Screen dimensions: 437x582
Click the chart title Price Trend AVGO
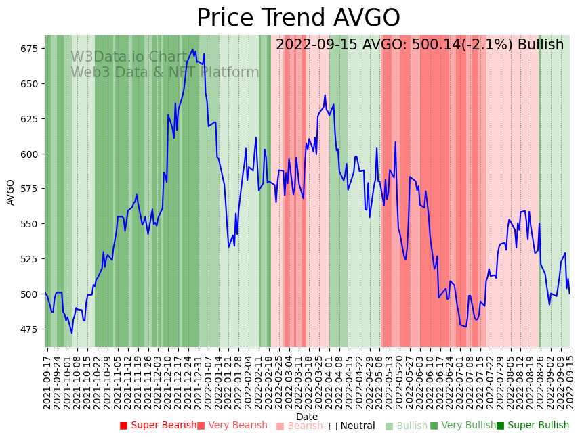pyautogui.click(x=298, y=18)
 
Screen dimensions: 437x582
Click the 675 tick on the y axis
pyautogui.click(x=29, y=49)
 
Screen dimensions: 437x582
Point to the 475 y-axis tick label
pyautogui.click(x=29, y=329)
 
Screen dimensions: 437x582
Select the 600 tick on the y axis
pyautogui.click(x=29, y=154)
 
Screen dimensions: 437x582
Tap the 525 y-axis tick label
pyautogui.click(x=29, y=259)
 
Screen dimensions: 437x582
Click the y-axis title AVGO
pyautogui.click(x=11, y=191)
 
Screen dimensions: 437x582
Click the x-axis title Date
pyautogui.click(x=307, y=417)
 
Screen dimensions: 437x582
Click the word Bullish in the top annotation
pyautogui.click(x=541, y=45)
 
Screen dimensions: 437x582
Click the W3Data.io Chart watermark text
pyautogui.click(x=129, y=57)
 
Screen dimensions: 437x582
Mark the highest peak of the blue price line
pyautogui.click(x=192, y=49)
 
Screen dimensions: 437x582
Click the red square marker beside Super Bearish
pyautogui.click(x=123, y=425)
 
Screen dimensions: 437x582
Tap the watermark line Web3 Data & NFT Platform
pyautogui.click(x=165, y=72)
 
